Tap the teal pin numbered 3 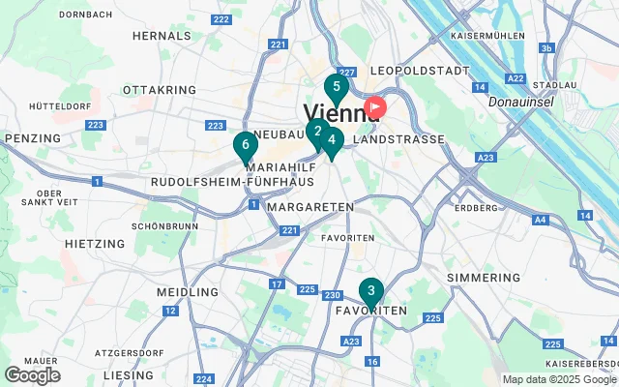point(370,291)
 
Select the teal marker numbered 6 point(245,146)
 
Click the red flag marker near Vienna point(373,107)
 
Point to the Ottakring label point(160,90)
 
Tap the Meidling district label point(188,292)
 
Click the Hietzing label point(95,244)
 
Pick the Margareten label point(310,208)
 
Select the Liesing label point(129,374)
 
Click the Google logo point(33,375)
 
